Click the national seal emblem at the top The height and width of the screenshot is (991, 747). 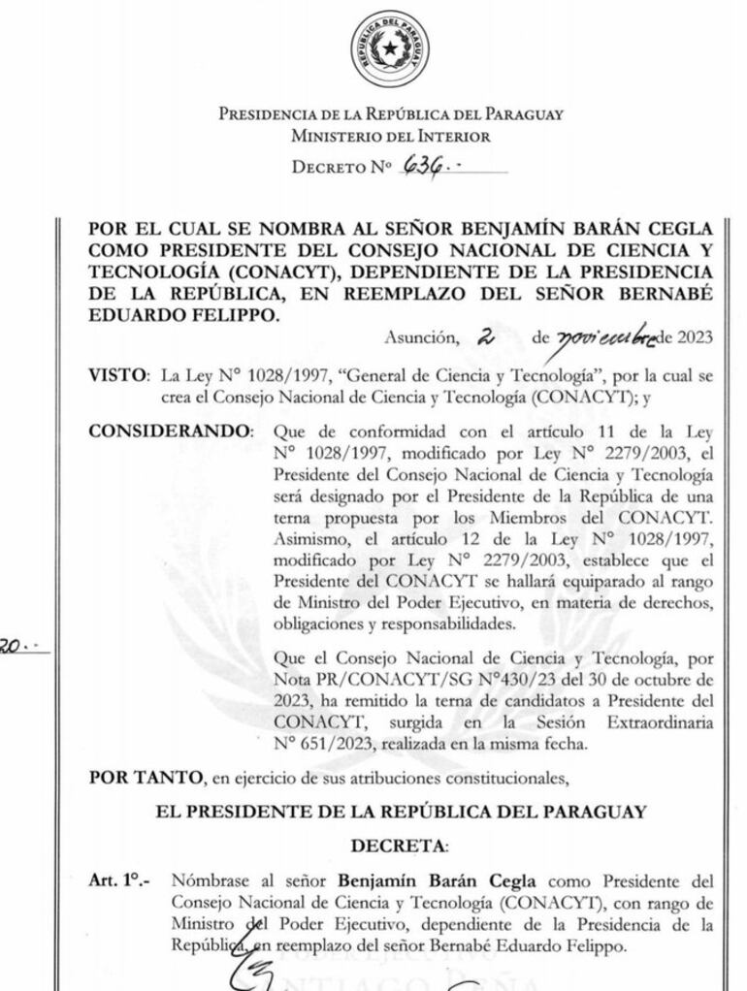point(390,48)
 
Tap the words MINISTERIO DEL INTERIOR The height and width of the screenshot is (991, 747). point(390,137)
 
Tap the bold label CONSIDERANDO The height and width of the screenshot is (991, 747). point(171,430)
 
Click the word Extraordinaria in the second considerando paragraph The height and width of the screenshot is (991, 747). point(657,722)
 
